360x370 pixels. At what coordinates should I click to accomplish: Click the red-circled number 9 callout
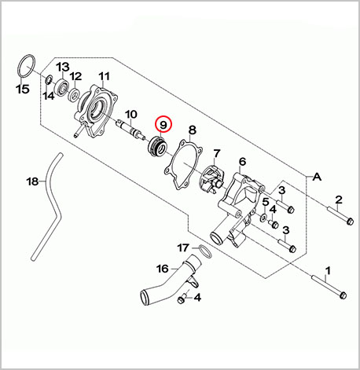coord(163,124)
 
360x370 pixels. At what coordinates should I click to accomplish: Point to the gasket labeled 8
coord(183,164)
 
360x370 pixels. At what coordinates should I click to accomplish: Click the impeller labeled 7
coord(213,179)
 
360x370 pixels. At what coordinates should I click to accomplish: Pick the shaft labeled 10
coord(130,130)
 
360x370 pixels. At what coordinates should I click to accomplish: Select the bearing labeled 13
coord(62,86)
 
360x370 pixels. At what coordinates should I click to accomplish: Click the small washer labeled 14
coord(49,80)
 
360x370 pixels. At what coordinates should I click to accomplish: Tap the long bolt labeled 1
coord(329,288)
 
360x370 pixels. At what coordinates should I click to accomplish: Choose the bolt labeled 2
coord(340,215)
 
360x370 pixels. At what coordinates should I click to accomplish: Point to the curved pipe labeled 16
coord(170,281)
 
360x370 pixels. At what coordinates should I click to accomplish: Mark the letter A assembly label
coord(317,178)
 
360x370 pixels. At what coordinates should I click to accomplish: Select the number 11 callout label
coord(104,76)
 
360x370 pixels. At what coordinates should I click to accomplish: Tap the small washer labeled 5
coord(263,217)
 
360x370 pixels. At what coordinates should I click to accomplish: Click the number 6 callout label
coord(242,162)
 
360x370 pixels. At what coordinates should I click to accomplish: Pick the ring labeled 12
coord(74,95)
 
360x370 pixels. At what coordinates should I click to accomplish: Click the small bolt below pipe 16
coord(182,299)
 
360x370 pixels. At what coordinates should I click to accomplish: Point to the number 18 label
coord(33,181)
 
